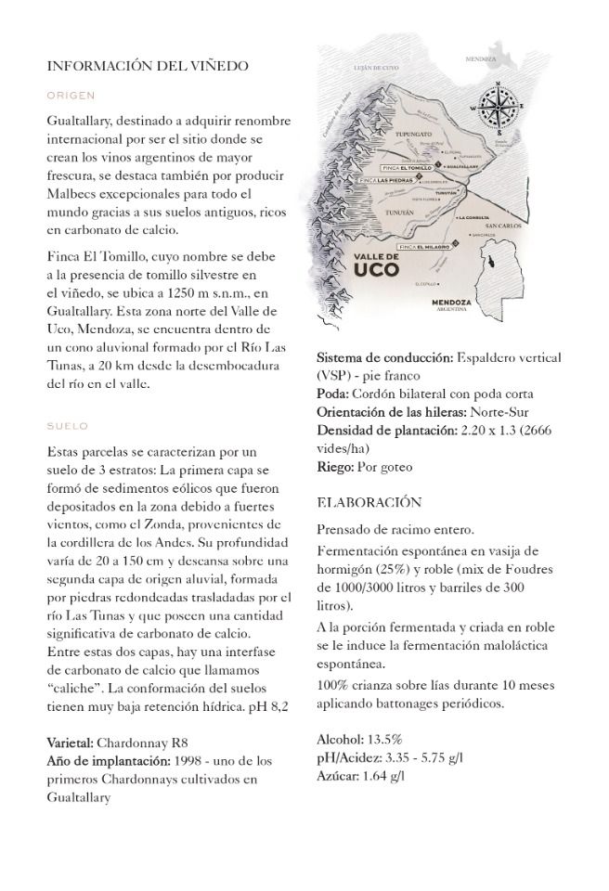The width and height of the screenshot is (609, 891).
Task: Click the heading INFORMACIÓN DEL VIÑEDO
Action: [148, 66]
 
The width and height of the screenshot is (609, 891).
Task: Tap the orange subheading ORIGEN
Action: [71, 95]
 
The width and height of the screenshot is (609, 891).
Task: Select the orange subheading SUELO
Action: [67, 426]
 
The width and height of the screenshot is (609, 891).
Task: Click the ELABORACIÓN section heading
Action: [369, 502]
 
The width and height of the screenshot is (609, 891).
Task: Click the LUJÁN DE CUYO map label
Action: [375, 69]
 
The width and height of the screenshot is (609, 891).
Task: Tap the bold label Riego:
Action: [335, 467]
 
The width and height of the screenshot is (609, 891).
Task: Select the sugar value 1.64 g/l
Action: [382, 775]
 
